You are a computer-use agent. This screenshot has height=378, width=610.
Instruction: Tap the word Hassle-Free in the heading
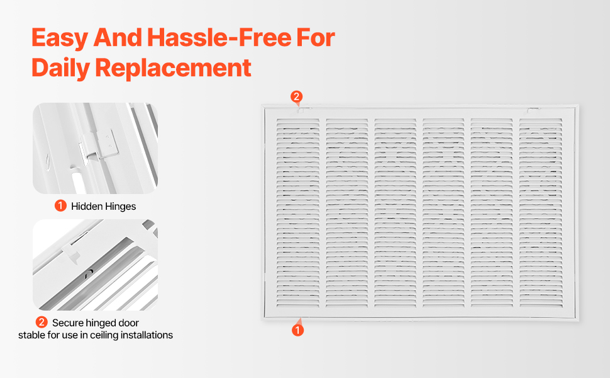[219, 37]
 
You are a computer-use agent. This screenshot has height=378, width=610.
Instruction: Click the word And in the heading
[118, 37]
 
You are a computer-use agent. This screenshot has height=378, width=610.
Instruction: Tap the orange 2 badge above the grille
[296, 96]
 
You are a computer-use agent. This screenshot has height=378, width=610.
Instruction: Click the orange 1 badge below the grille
[297, 330]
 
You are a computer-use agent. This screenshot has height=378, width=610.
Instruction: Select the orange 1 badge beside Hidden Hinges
[60, 205]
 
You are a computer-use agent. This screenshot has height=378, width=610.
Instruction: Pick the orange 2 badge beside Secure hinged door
[42, 323]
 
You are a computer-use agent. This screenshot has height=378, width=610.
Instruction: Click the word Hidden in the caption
[86, 206]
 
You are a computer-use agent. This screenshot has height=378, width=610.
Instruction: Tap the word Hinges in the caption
[120, 207]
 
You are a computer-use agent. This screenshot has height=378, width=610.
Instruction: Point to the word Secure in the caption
[68, 323]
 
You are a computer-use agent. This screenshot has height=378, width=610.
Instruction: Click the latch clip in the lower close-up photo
[71, 251]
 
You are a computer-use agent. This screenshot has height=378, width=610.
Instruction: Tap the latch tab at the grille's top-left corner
[301, 111]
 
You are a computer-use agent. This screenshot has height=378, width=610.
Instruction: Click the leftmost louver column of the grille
[298, 212]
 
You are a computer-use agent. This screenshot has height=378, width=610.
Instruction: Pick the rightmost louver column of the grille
[541, 212]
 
